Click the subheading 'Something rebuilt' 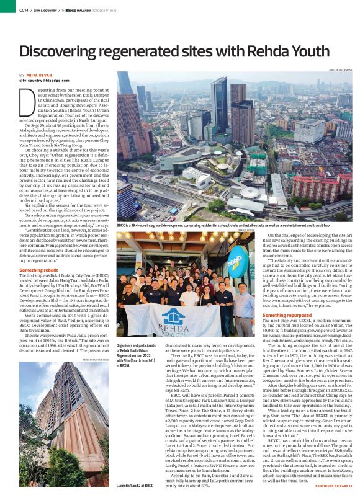40,270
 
